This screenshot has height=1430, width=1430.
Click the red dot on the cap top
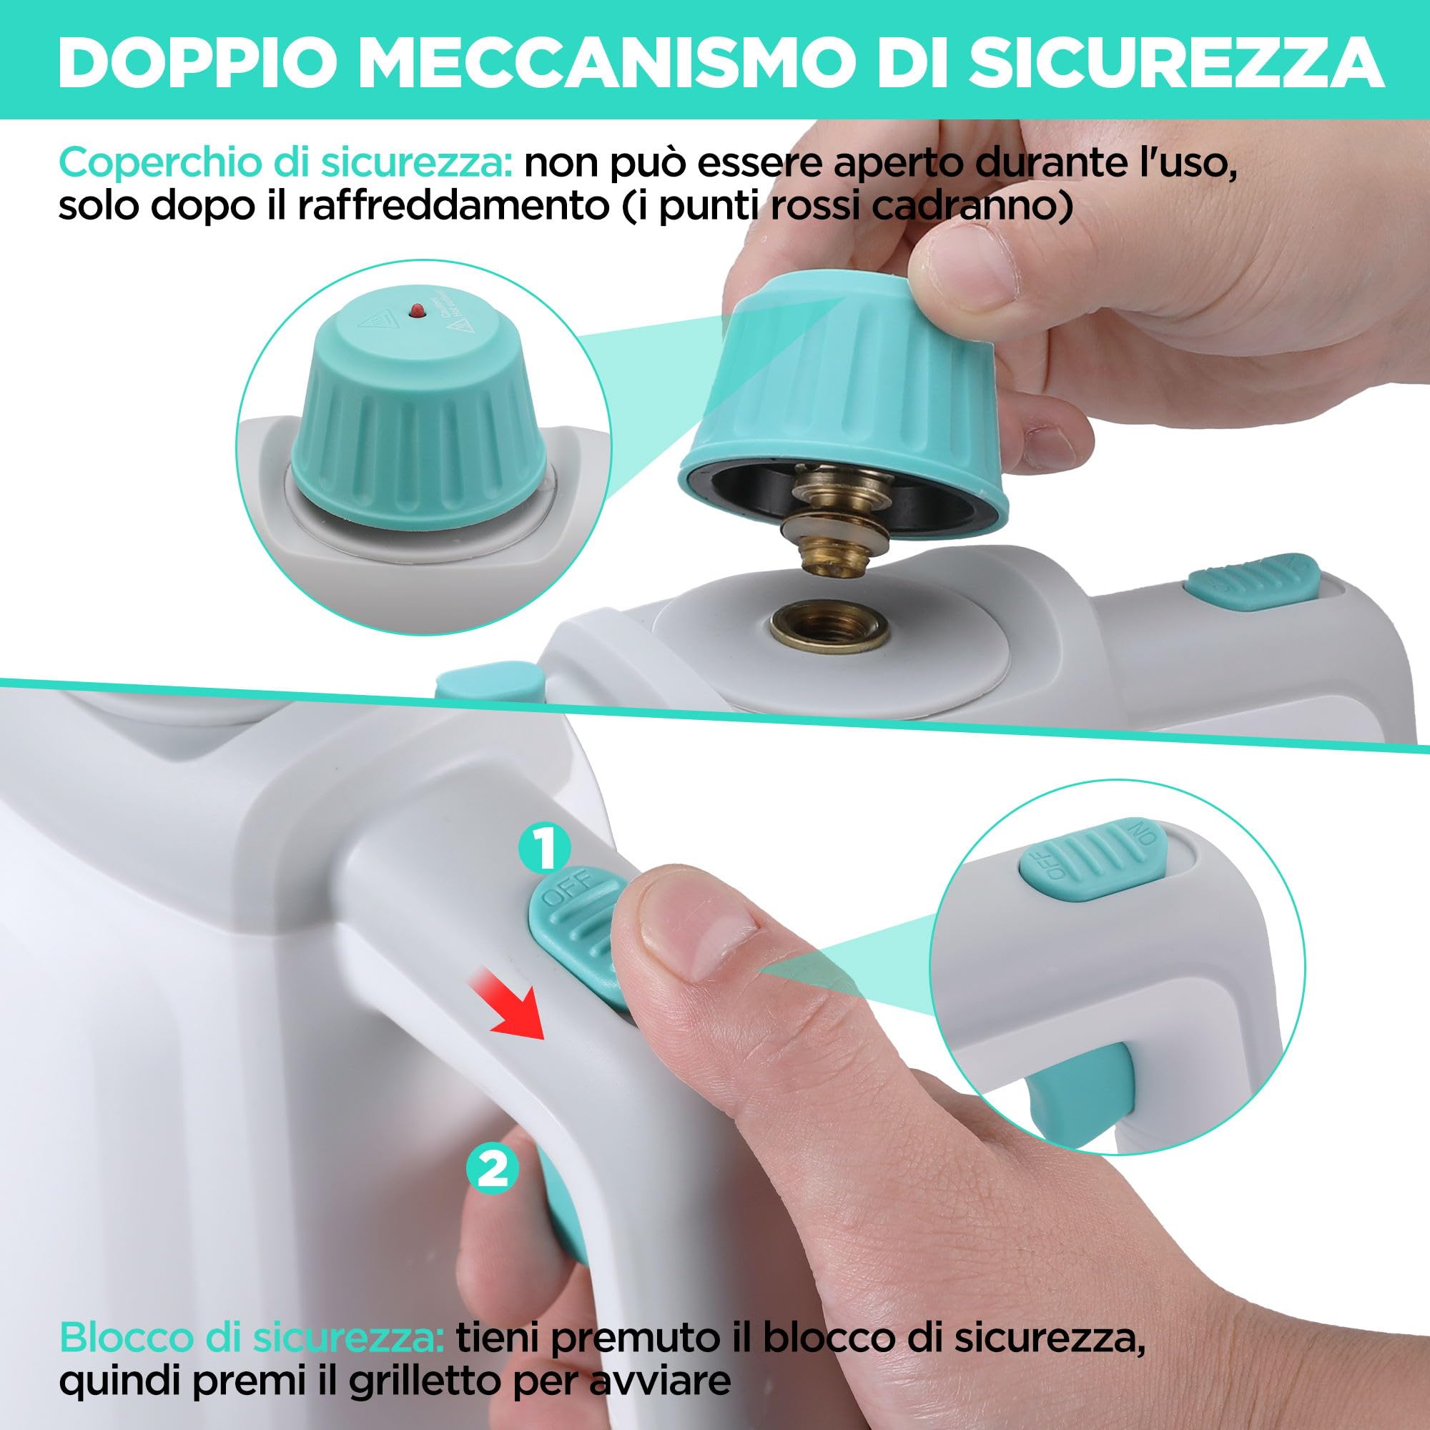[416, 309]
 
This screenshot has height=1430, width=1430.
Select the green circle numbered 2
[492, 1168]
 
